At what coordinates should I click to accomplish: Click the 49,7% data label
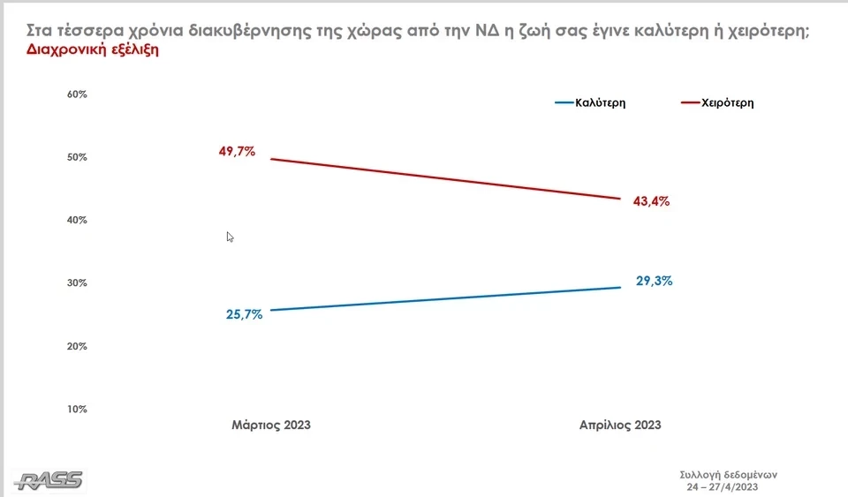tap(237, 151)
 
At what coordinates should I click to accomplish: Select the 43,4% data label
tap(651, 201)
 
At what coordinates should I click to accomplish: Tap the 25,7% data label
tap(244, 314)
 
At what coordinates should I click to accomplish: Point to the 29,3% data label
tap(655, 282)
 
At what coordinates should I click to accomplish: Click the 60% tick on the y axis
tap(77, 94)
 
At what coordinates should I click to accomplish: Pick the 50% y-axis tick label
tap(77, 157)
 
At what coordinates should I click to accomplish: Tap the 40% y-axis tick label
tap(77, 220)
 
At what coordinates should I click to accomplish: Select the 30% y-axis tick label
tap(77, 283)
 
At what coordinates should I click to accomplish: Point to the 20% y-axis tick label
tap(77, 346)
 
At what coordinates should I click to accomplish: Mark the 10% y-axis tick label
tap(77, 409)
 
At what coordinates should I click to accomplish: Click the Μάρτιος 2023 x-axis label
tap(271, 425)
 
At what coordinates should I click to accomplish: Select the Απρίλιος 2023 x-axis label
tap(620, 425)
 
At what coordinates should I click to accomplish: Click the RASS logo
tap(49, 480)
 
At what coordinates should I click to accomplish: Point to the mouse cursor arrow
tap(230, 237)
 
